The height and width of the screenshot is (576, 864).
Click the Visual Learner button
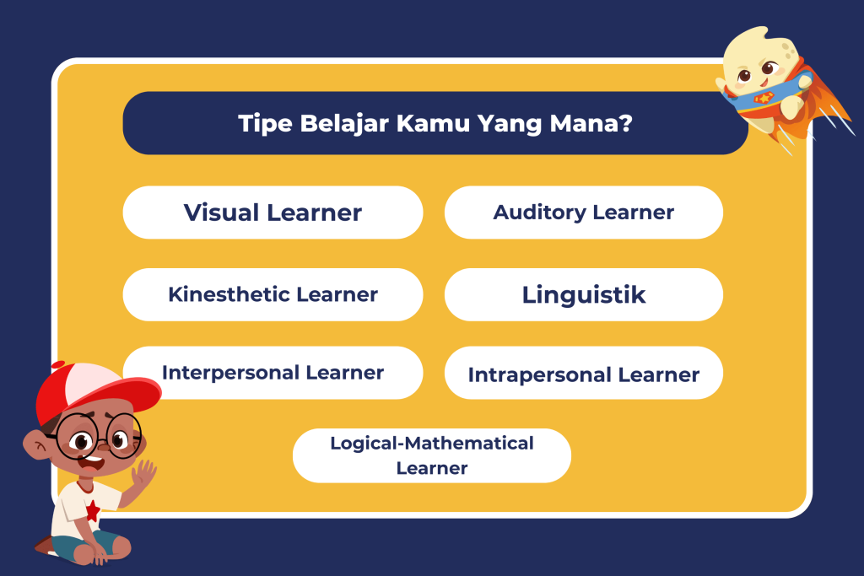coord(273,213)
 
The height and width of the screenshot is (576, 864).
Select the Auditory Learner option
coord(584,213)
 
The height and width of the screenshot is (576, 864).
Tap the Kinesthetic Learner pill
coord(273,294)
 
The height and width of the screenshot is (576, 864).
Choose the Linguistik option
coord(584,294)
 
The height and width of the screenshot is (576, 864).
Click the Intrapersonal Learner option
coord(584,373)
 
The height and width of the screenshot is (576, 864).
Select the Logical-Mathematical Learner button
coord(432,456)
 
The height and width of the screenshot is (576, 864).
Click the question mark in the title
coord(626,123)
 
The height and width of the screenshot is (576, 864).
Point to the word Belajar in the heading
coord(344,124)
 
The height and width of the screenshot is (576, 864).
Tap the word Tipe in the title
coord(265,124)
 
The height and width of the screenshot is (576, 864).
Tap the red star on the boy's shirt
coord(93,511)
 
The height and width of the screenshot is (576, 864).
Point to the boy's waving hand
coord(143,474)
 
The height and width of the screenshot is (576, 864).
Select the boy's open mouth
coord(91,461)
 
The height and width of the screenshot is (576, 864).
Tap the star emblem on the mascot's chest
coord(764,98)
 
